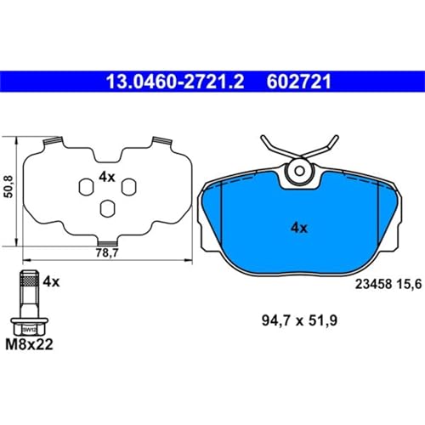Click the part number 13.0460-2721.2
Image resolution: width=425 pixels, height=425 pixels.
pyautogui.click(x=174, y=82)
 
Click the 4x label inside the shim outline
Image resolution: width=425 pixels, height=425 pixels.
pyautogui.click(x=105, y=176)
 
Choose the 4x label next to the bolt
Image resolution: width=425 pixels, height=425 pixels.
pyautogui.click(x=50, y=280)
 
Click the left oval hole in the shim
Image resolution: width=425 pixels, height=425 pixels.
pyautogui.click(x=84, y=186)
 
